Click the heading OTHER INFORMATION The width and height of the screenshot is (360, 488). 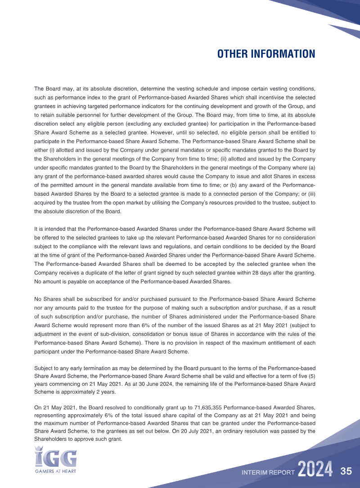coord(266,54)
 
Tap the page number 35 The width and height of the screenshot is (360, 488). coord(346,472)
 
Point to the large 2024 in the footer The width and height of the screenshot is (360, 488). coord(315,470)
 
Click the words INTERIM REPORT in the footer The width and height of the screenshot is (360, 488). coord(268,473)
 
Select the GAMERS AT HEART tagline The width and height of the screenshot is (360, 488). coord(55,471)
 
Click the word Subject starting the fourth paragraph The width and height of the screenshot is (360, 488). coord(44,367)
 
